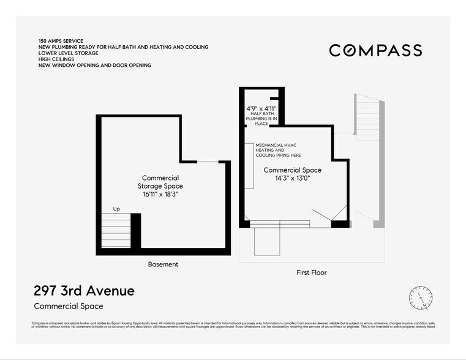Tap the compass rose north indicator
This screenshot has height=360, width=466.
421,297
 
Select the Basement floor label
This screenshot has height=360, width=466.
163,264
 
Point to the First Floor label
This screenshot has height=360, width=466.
311,272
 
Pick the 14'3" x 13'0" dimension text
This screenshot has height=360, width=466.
292,178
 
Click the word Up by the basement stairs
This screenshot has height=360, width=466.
116,209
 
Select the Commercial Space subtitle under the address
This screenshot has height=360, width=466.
69,306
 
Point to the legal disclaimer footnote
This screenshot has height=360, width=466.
233,325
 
